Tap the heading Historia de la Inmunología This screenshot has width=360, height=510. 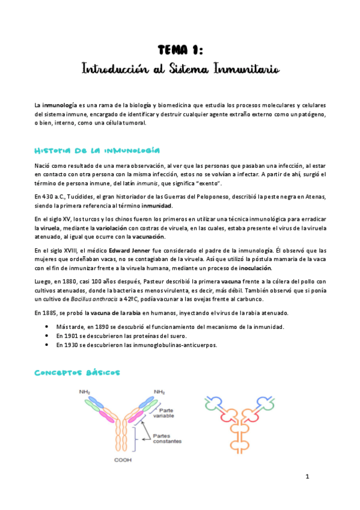96,150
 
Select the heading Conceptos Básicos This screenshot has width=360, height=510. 77,372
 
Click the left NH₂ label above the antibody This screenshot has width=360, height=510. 85,392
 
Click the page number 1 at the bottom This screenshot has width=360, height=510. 307,477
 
